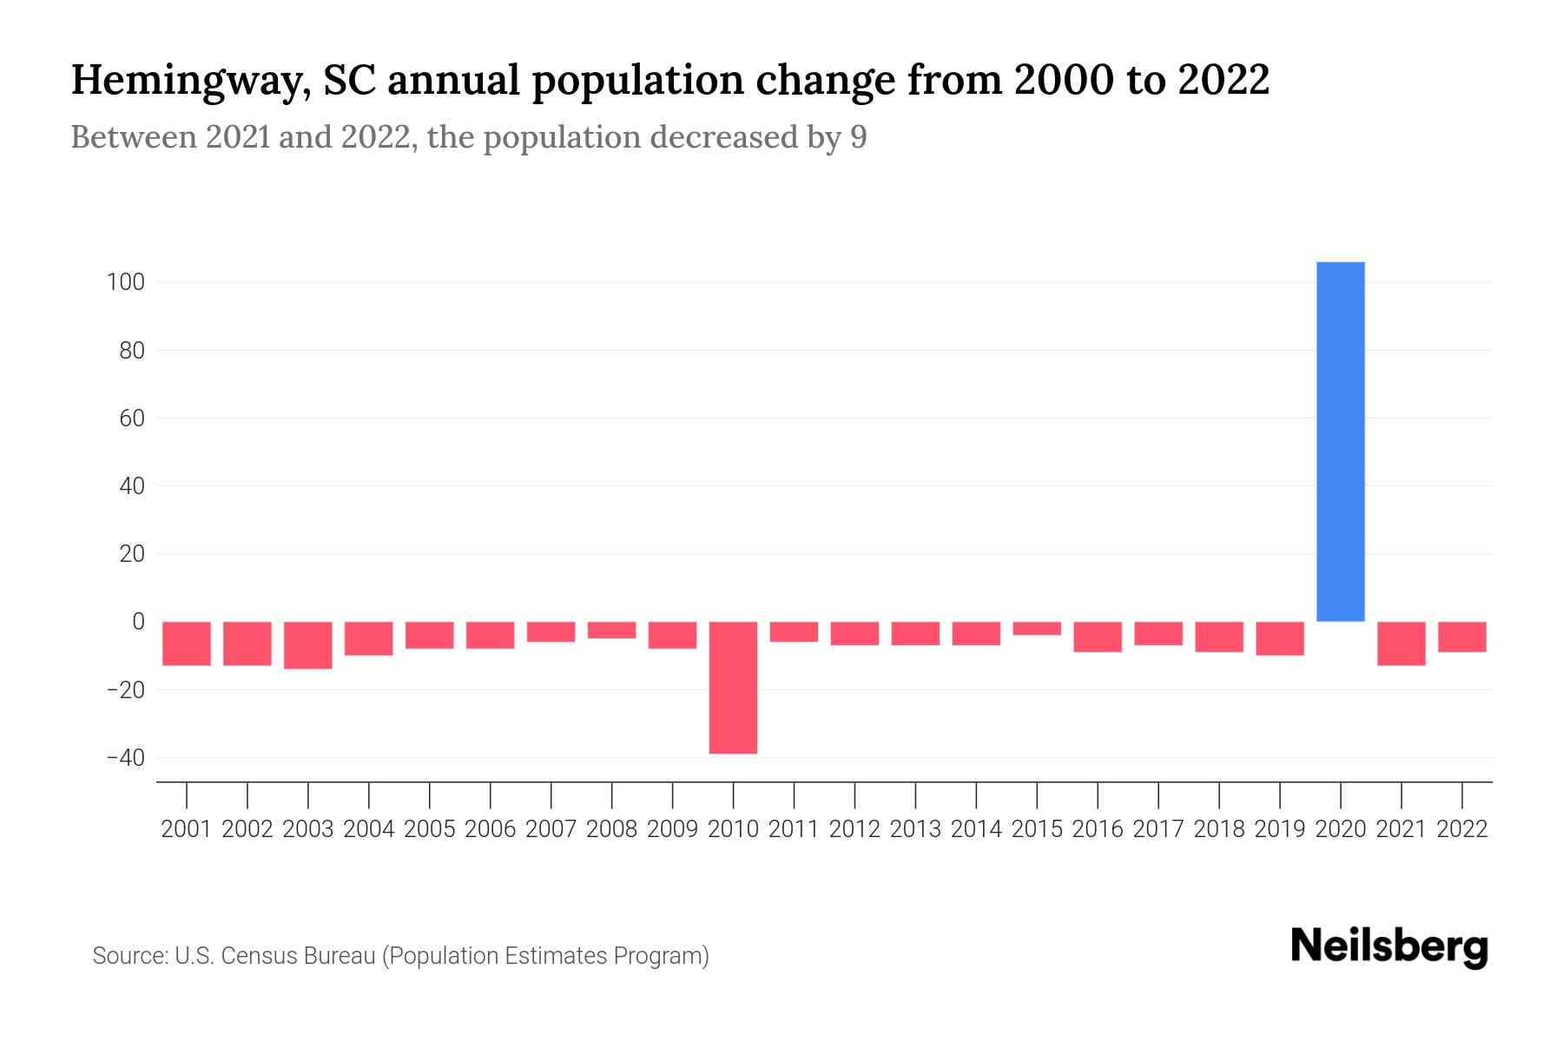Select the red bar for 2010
point(733,687)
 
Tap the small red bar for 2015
point(1037,629)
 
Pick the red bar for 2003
point(308,645)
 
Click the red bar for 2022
point(1461,636)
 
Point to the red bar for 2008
point(611,630)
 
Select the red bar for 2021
point(1401,643)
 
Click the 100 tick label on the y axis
point(126,283)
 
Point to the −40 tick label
point(124,758)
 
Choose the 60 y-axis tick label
point(131,419)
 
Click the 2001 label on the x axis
point(187,829)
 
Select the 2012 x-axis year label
point(854,829)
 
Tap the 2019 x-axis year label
point(1279,829)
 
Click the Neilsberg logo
point(1389,946)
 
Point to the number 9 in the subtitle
point(858,137)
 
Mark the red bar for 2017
point(1157,634)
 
